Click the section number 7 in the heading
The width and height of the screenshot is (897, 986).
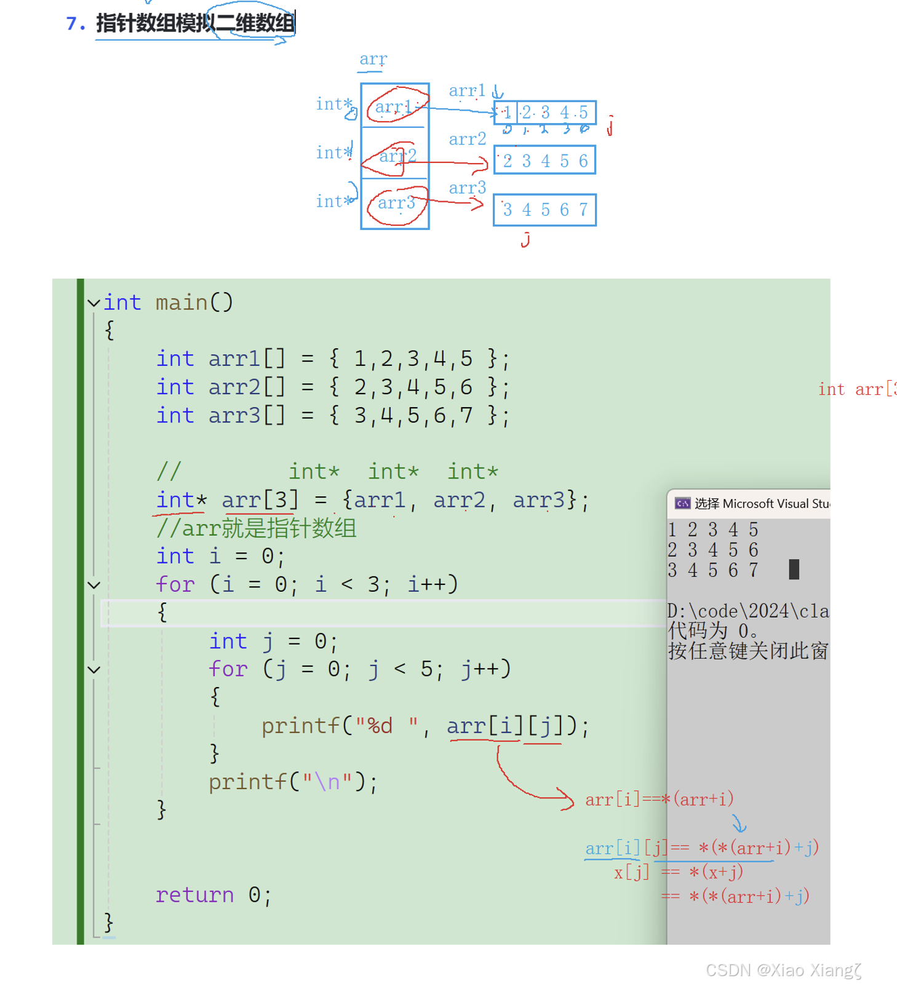tap(73, 23)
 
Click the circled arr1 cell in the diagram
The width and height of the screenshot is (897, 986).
tap(394, 107)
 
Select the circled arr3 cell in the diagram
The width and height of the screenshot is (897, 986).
tap(396, 204)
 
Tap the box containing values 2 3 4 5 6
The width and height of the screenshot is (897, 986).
tap(544, 161)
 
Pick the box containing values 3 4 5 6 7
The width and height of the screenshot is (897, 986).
tap(544, 210)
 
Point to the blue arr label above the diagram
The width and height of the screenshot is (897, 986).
tap(373, 59)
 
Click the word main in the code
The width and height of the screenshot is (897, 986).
tap(181, 303)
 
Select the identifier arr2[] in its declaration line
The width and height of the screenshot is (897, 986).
tap(247, 387)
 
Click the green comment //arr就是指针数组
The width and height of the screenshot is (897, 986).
tap(257, 528)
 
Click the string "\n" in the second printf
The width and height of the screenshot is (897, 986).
tap(327, 782)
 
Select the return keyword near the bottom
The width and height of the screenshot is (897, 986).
tap(194, 895)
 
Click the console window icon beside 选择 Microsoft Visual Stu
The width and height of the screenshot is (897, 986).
tap(682, 504)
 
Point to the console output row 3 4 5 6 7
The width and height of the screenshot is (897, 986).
tap(712, 571)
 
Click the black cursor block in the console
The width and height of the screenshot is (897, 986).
tap(794, 569)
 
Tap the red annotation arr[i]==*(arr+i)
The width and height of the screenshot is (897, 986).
tap(659, 800)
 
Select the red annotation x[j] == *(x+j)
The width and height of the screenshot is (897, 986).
tap(678, 872)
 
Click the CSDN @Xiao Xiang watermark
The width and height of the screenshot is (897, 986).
tap(783, 970)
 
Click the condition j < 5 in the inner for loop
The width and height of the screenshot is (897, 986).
tap(401, 669)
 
